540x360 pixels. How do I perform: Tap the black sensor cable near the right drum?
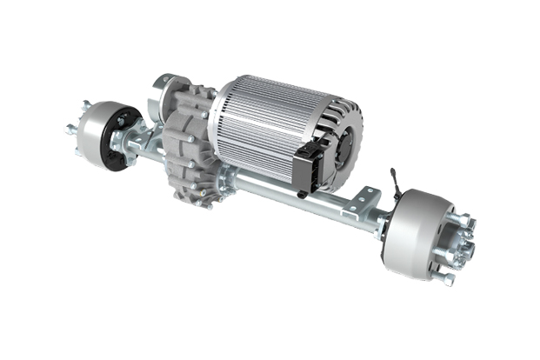tap(394, 184)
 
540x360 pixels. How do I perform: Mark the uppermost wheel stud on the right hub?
tap(462, 219)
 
